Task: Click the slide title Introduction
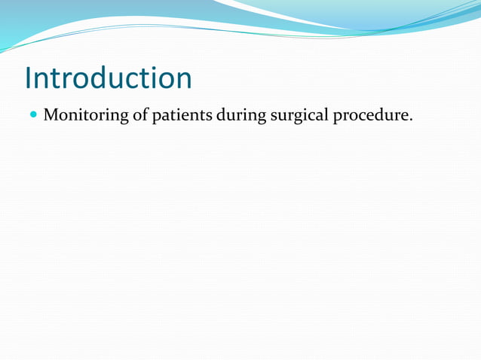click(108, 78)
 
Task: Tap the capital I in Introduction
click(28, 78)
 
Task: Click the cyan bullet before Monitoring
click(33, 116)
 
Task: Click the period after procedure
click(411, 121)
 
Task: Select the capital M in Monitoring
click(51, 116)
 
